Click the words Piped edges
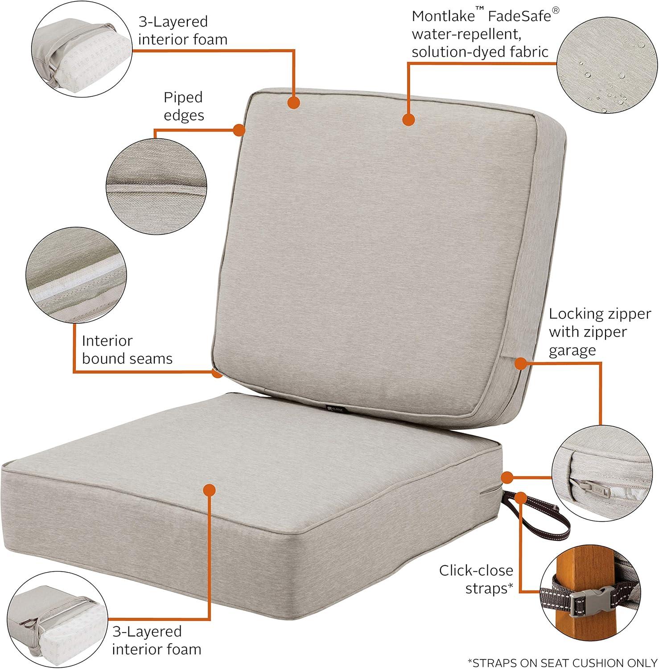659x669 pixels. coord(184,106)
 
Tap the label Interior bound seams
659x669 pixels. coord(127,350)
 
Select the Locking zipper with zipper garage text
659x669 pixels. coord(599,332)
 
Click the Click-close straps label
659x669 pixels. coord(476,579)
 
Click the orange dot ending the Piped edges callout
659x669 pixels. coord(240,130)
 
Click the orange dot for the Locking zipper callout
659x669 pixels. coord(520,363)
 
